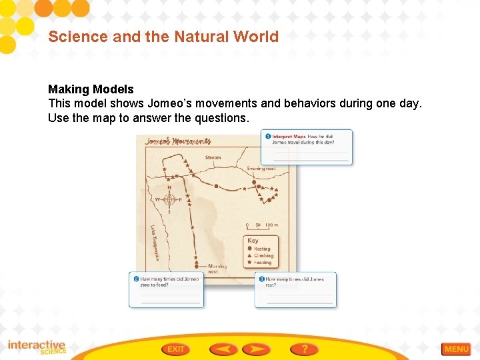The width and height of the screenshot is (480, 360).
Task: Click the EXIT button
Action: coord(175,349)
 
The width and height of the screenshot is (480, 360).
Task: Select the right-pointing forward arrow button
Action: coord(256,349)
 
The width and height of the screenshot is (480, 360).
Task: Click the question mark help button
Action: coord(304,349)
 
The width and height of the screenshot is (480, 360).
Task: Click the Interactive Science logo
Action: coord(37,347)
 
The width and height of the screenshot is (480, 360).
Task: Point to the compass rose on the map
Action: coord(169,199)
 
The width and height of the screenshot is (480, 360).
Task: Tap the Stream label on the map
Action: coord(213,158)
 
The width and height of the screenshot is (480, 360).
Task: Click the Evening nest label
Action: coord(261,169)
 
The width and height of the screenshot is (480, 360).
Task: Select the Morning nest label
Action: coord(217,268)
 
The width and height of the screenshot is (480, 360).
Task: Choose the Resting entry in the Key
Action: coord(261,249)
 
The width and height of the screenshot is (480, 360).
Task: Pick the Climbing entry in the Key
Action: coord(262,255)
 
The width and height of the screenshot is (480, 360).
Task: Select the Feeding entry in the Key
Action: coord(261,263)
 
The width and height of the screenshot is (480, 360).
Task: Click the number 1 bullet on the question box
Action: coord(268,137)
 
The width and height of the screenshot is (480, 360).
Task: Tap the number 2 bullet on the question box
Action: coord(136,279)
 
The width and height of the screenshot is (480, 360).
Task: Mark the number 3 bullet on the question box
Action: coord(262,279)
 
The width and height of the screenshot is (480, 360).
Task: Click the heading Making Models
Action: coord(91,89)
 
